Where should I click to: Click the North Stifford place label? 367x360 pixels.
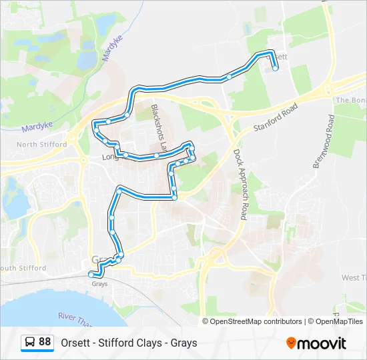tap(42, 145)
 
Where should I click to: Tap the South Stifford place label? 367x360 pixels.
tap(25, 269)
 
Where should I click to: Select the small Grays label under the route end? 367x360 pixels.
tap(99, 283)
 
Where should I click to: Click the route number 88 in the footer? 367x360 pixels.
tap(45, 341)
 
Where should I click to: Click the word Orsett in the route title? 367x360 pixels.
tap(76, 343)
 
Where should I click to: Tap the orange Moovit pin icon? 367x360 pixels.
tap(291, 343)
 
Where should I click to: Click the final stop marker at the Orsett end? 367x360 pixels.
tap(275, 68)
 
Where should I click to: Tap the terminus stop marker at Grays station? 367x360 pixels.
tap(91, 274)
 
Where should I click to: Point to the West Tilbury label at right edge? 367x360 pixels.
tap(354, 277)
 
